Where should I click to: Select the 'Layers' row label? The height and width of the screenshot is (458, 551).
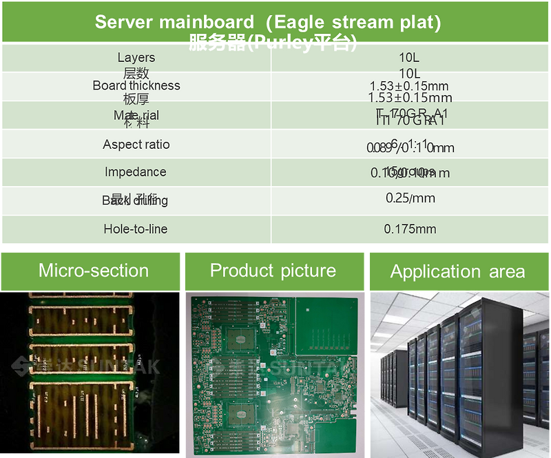pos(136,58)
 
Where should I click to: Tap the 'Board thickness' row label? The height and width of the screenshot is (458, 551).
pos(136,85)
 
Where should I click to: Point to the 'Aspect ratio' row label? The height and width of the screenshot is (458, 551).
pos(136,144)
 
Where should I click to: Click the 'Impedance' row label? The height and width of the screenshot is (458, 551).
pos(136,171)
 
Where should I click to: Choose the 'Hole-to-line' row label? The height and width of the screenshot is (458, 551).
pos(136,229)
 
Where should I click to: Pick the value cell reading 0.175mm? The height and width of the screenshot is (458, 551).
pos(410,229)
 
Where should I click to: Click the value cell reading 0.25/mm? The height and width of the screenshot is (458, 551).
pos(410,198)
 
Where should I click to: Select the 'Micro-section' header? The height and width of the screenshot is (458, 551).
pos(94,270)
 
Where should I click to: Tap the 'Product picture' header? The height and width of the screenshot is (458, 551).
pos(273,270)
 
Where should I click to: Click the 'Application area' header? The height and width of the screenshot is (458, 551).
pos(457,271)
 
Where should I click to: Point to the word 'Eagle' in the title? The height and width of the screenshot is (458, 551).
pos(298,21)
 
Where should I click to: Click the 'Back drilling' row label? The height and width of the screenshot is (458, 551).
pos(135,200)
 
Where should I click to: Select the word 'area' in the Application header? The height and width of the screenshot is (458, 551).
pos(507,271)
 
